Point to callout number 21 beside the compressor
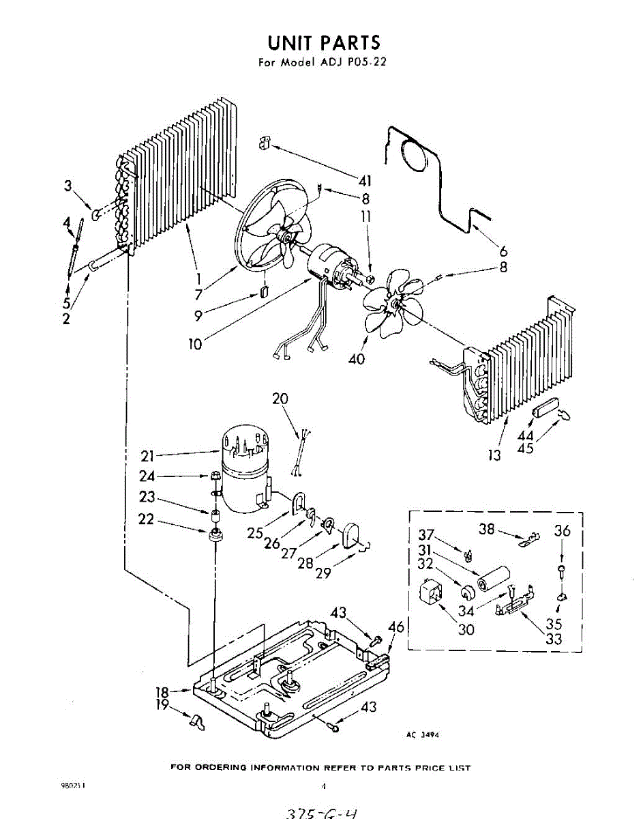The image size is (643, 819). point(149,455)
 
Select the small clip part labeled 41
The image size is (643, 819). point(265,143)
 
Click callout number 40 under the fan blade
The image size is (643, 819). point(356,358)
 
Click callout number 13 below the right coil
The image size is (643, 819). point(495,455)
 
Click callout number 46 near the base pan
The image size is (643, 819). point(395,626)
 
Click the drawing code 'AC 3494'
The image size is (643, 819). point(422,735)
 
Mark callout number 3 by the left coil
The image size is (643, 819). point(68,185)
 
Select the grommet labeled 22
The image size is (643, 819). point(217,533)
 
